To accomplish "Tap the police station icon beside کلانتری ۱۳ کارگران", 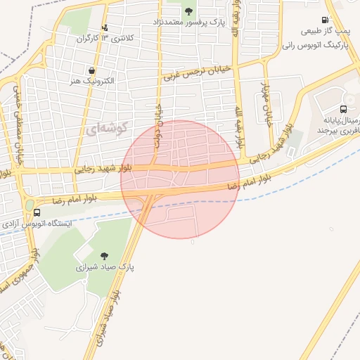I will tap(105, 27).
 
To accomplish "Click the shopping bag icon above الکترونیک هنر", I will tap(92, 70).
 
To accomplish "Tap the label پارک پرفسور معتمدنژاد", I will tap(188, 22).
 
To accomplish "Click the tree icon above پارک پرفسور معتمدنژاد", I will tap(188, 10).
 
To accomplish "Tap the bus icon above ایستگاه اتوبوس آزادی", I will tap(37, 212).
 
